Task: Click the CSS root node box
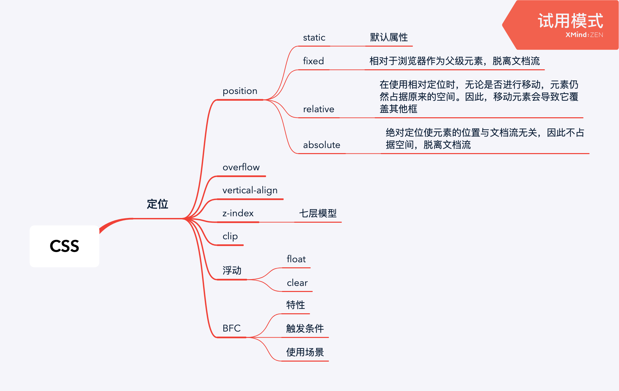point(64,246)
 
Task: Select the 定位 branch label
point(157,204)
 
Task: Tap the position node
point(240,91)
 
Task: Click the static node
point(314,38)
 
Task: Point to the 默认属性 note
point(389,37)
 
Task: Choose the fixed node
point(313,61)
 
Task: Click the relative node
point(318,109)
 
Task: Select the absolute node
point(322,145)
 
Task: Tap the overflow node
point(241,167)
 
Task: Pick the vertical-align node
point(250,190)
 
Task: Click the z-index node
point(238,213)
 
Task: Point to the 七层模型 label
point(318,213)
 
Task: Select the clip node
point(230,236)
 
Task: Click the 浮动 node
point(232,270)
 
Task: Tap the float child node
point(296,259)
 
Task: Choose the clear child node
point(297,283)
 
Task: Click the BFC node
point(231,328)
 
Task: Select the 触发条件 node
point(305,328)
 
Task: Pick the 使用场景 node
point(305,352)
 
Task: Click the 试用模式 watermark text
point(570,21)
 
